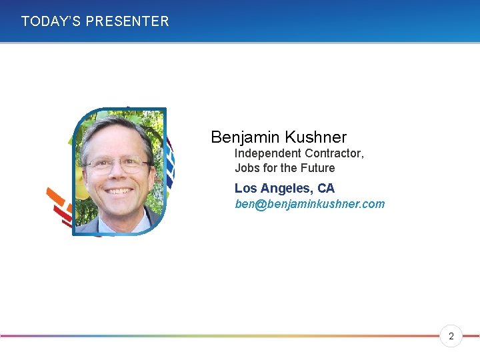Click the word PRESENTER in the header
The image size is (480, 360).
(x=127, y=21)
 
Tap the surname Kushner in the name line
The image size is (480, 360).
(x=315, y=137)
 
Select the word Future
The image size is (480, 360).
(x=317, y=168)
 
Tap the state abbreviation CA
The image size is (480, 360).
(x=326, y=189)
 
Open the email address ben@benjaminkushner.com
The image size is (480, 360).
(x=309, y=204)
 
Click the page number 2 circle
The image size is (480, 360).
(x=451, y=337)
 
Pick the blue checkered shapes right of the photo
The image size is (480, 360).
(x=169, y=163)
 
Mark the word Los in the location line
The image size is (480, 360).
(x=245, y=189)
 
